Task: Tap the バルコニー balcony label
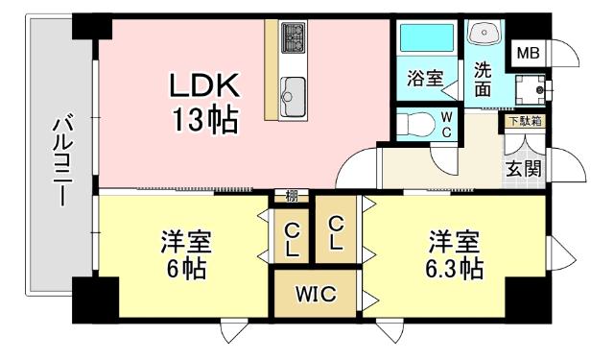tap(59, 159)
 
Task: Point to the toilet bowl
tap(415, 124)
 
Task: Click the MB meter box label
tap(527, 52)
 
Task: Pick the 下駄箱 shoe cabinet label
tap(525, 121)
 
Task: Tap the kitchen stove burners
tap(292, 40)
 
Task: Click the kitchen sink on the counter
tap(293, 93)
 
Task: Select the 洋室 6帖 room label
tap(186, 253)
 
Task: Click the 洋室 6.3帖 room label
tap(454, 253)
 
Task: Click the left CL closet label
tap(292, 239)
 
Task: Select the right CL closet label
tap(335, 232)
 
